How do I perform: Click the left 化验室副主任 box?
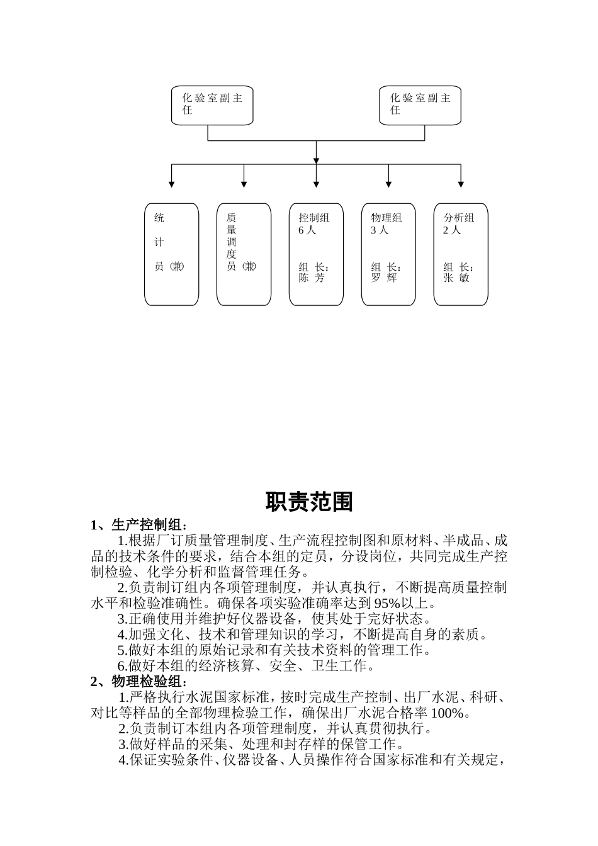coord(212,105)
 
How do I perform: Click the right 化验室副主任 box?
coord(420,105)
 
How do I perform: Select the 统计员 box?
coord(171,254)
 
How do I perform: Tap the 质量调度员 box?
coord(244,254)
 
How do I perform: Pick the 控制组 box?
coord(316,254)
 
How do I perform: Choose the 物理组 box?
coord(388,254)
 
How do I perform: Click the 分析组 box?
coord(461,254)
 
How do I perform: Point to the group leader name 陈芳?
coord(312,278)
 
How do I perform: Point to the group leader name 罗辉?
coord(384,278)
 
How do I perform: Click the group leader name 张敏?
coord(456,278)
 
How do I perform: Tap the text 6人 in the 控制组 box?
coord(307,230)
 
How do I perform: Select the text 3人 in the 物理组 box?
coord(380,230)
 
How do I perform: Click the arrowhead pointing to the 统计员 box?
coord(171,184)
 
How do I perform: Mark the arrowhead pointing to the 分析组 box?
coord(461,184)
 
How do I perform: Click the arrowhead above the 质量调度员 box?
coord(244,184)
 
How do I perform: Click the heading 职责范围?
coord(309,502)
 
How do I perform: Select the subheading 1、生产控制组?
coord(138,525)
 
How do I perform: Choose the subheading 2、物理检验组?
coord(138,682)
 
